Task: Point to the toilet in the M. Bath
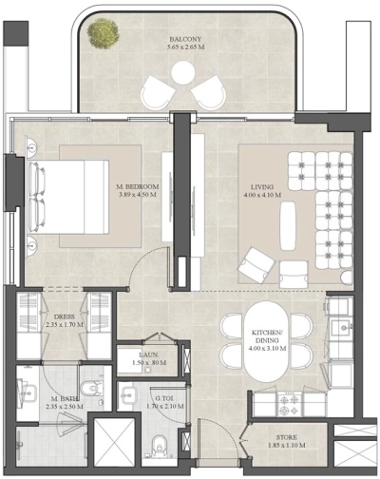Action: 91,390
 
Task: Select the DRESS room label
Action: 65,316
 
